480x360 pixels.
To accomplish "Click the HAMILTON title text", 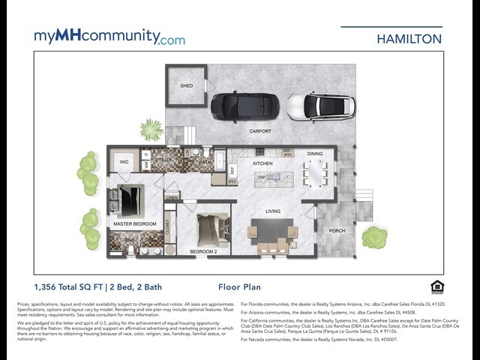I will (x=409, y=38).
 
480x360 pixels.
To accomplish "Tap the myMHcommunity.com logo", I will (x=109, y=37).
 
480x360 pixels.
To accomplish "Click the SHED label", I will (x=186, y=85).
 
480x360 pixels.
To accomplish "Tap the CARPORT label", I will (x=260, y=131).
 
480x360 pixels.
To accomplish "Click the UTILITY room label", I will (x=164, y=160).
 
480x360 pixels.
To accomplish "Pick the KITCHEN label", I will (x=262, y=163).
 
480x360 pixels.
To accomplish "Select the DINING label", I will (x=315, y=154).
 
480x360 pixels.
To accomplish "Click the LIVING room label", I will (x=272, y=211).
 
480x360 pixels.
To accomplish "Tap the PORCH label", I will (x=337, y=231).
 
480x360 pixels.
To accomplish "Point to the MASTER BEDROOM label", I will (x=135, y=223).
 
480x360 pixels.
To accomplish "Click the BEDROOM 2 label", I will (x=202, y=250).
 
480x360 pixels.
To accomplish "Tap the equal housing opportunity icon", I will (x=437, y=286).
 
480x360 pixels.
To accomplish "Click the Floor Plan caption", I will (x=239, y=286).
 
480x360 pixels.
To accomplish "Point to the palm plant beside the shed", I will (x=151, y=130).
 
